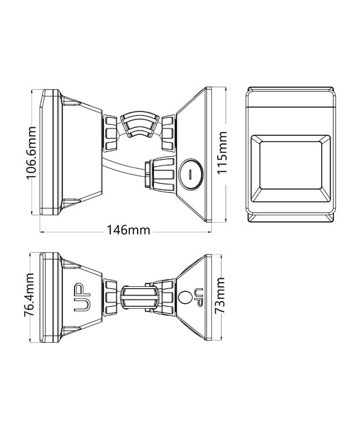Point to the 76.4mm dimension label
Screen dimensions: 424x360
pos(30,297)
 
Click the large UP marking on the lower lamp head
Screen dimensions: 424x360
pos(82,298)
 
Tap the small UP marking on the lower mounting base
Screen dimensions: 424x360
pos(199,297)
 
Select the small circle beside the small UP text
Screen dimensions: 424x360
pos(186,297)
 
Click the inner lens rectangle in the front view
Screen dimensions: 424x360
pos(289,167)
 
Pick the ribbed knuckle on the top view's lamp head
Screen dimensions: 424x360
pos(110,130)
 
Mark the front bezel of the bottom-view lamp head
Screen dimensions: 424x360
pos(49,297)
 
